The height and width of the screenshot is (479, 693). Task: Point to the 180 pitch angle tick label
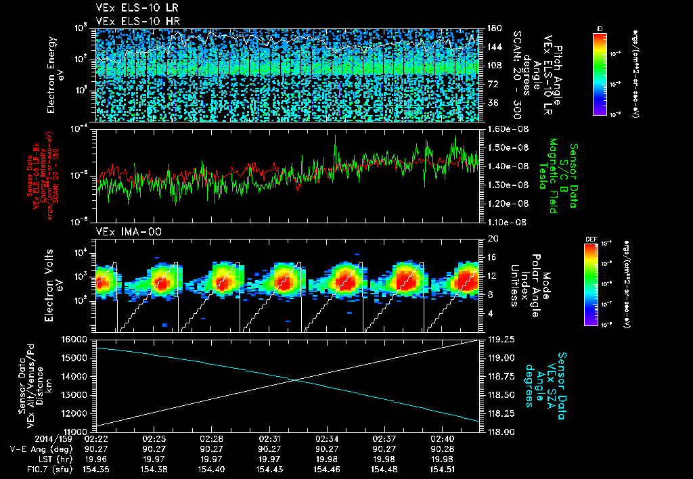click(x=493, y=28)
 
